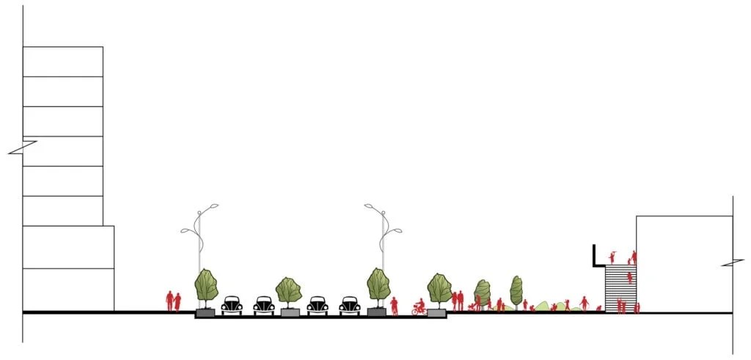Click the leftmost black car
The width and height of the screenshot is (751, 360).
tap(232, 305)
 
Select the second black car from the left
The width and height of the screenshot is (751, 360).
tap(264, 305)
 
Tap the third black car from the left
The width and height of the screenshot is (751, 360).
tap(318, 305)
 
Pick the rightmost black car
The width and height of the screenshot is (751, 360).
tap(350, 305)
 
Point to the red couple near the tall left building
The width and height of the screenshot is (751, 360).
tap(173, 301)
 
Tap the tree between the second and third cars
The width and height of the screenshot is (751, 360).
tap(289, 292)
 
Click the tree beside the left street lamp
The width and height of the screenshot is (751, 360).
tap(206, 287)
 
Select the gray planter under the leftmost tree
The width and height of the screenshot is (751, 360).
tap(205, 312)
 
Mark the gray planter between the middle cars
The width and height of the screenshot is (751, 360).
tap(290, 312)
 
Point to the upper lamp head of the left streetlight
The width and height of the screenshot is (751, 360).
tap(212, 206)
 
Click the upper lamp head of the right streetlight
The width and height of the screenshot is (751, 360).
tap(370, 206)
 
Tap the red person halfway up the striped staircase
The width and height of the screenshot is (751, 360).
tap(629, 277)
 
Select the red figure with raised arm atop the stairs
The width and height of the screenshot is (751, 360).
tap(613, 257)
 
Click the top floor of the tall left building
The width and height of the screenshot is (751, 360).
tap(63, 62)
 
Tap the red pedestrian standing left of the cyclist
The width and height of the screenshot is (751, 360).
tap(394, 306)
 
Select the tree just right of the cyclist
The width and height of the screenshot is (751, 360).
tap(439, 288)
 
